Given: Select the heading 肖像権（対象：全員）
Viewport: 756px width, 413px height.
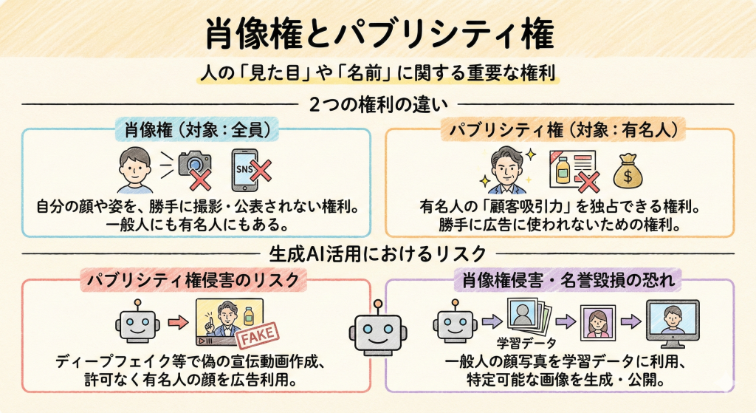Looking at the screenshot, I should (x=195, y=132).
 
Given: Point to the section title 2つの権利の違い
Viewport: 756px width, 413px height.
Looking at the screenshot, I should (x=378, y=103).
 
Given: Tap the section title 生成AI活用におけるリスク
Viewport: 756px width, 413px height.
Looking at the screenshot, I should (x=378, y=253).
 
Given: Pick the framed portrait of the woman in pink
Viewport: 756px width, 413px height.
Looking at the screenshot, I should (x=596, y=322).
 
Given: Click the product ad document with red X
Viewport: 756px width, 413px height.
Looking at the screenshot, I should (x=571, y=171).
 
